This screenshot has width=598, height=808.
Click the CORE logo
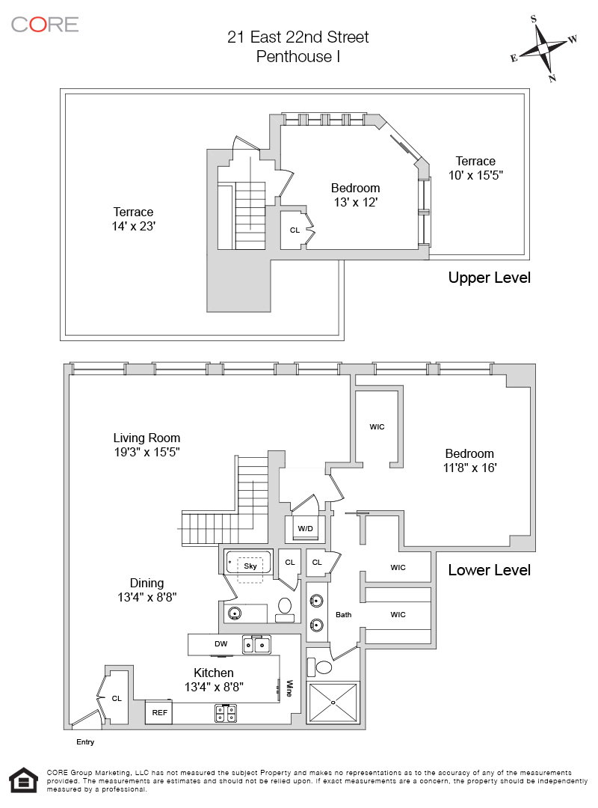tap(45, 24)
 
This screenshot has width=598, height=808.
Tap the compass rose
tap(544, 48)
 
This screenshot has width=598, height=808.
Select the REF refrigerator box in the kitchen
tap(158, 713)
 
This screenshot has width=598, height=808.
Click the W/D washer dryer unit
tap(306, 528)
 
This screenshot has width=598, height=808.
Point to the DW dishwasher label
tap(221, 643)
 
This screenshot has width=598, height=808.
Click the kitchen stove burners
tap(226, 713)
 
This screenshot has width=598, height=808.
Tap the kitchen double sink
tap(256, 645)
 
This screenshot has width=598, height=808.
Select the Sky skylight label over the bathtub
tap(250, 566)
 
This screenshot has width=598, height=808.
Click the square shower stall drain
tap(333, 703)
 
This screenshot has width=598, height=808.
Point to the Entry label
tap(85, 742)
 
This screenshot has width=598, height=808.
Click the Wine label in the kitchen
tap(289, 688)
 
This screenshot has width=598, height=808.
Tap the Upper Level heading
tap(490, 278)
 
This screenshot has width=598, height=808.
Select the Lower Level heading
tap(490, 570)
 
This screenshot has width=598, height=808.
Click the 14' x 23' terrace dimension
tap(133, 226)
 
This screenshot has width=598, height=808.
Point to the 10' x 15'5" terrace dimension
tap(475, 175)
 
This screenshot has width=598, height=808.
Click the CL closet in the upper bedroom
tap(295, 230)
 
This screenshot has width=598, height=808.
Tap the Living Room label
tap(147, 438)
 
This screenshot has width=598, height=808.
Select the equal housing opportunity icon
tap(24, 780)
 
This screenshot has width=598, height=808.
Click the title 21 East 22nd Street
tap(298, 37)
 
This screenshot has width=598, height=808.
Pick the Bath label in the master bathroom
tap(344, 614)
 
